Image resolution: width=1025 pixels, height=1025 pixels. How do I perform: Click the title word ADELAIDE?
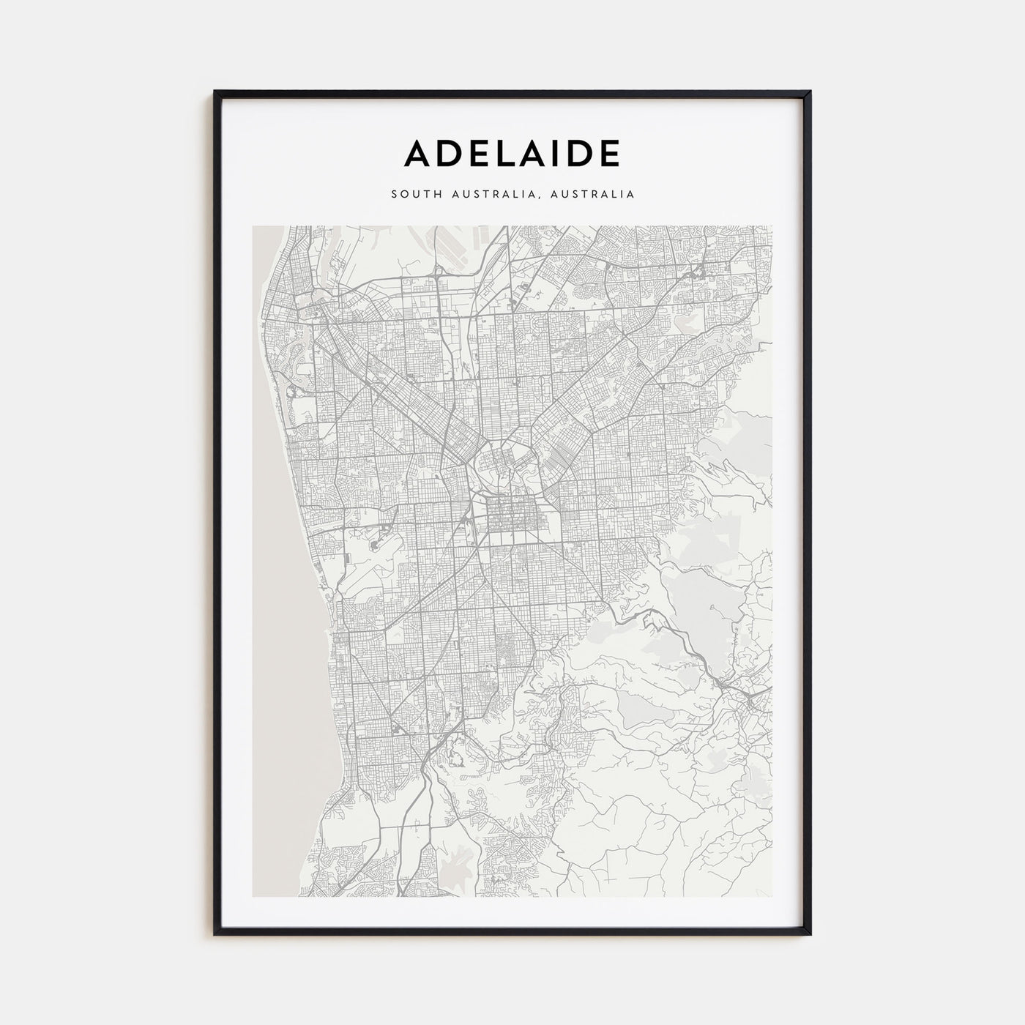[x=512, y=153]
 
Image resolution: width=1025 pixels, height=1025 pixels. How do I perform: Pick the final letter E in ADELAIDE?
[x=609, y=153]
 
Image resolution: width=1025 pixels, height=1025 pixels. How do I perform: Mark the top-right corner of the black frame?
[x=810, y=92]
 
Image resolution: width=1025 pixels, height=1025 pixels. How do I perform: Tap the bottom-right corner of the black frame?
[x=810, y=934]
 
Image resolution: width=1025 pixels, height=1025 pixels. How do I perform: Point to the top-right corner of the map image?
[x=772, y=226]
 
